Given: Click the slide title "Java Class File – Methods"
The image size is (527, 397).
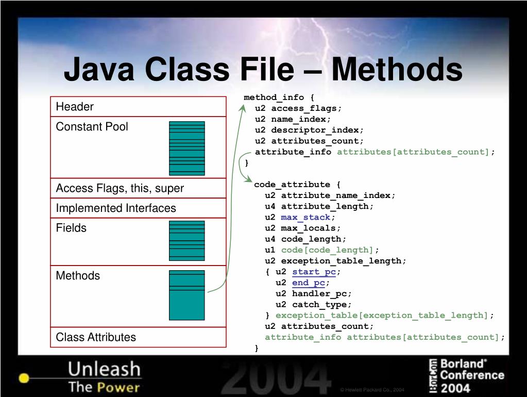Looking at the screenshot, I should pyautogui.click(x=263, y=70).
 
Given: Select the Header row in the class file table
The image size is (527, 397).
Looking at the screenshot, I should pyautogui.click(x=138, y=107).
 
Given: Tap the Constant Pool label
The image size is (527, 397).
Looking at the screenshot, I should pyautogui.click(x=92, y=127).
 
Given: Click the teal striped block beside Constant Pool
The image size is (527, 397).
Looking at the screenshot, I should pyautogui.click(x=186, y=148).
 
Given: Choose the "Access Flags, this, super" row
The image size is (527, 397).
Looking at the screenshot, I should pyautogui.click(x=138, y=188).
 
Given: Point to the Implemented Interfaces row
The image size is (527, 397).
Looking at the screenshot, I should pyautogui.click(x=138, y=208).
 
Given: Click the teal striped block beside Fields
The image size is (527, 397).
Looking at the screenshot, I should pyautogui.click(x=186, y=240).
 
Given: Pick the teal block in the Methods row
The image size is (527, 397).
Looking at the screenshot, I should pyautogui.click(x=186, y=295).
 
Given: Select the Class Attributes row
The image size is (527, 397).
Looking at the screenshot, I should pyautogui.click(x=138, y=337).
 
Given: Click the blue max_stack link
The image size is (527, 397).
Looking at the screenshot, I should pyautogui.click(x=305, y=217).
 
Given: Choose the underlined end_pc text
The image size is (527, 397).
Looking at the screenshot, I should pyautogui.click(x=309, y=283).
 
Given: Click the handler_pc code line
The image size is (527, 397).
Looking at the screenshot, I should pyautogui.click(x=314, y=293).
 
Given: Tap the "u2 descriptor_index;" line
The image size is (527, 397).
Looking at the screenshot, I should pyautogui.click(x=309, y=130).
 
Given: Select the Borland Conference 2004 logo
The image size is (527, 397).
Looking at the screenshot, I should pyautogui.click(x=467, y=375).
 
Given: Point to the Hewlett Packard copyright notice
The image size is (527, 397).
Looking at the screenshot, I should pyautogui.click(x=372, y=390).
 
